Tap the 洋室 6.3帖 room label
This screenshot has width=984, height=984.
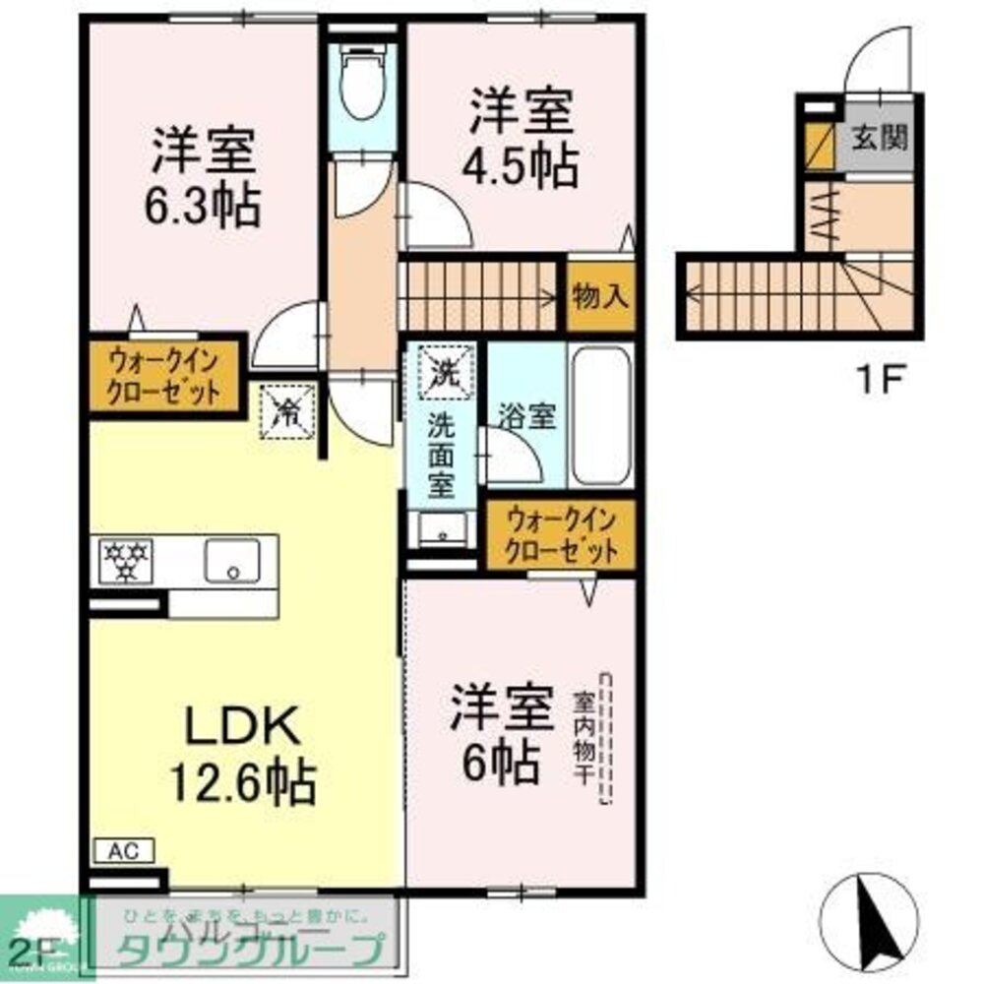[205, 177]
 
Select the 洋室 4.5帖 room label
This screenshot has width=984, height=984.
[521, 138]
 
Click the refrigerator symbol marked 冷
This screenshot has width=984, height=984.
[287, 409]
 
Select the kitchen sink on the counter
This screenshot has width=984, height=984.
[233, 562]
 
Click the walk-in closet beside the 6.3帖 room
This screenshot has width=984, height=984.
[164, 376]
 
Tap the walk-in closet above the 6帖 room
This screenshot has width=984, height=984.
[561, 534]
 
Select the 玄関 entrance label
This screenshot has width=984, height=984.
[879, 137]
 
